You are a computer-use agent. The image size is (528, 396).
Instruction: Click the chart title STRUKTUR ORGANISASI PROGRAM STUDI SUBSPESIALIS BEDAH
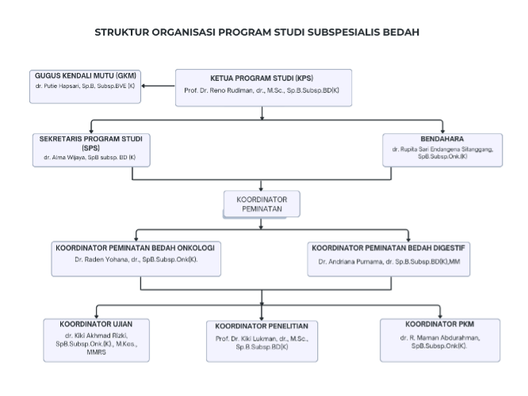257,32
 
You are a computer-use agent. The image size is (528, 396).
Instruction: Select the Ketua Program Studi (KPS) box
262,86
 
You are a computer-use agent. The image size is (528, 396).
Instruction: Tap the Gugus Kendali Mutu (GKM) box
86,86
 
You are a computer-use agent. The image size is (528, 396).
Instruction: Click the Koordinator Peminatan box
262,204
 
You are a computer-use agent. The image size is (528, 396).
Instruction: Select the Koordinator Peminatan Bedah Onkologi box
136,257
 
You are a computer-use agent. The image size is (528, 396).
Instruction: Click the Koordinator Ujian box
95,339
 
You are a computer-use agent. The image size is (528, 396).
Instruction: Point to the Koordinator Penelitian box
262,339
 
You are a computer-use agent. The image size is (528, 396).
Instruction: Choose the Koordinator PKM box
440,339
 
